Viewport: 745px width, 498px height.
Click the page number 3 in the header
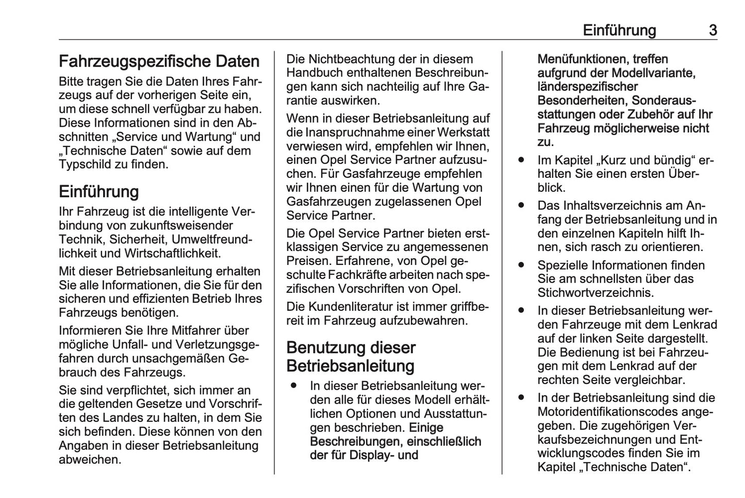[713, 30]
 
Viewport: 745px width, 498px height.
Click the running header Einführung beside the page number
[619, 30]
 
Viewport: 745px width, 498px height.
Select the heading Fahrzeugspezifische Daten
[159, 61]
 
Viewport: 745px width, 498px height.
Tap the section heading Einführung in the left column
[98, 192]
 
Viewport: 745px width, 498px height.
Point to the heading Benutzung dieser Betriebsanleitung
[351, 357]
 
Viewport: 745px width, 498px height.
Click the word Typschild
[81, 165]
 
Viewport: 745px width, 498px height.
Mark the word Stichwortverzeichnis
[595, 293]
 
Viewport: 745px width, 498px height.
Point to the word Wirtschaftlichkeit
[172, 253]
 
